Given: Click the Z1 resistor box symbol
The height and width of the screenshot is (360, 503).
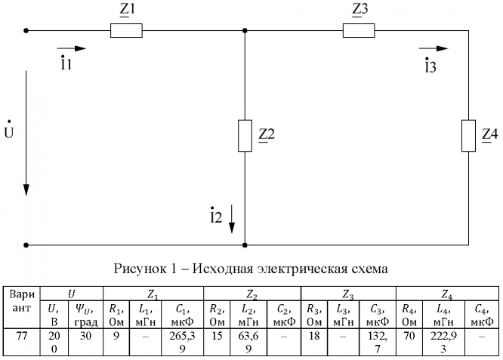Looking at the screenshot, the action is pyautogui.click(x=126, y=31).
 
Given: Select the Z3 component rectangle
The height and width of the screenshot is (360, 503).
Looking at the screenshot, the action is pyautogui.click(x=359, y=31).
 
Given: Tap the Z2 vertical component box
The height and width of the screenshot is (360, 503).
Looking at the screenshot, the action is pyautogui.click(x=245, y=135).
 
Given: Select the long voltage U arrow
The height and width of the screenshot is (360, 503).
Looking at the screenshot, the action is pyautogui.click(x=26, y=132).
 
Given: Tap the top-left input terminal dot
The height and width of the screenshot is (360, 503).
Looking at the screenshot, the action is pyautogui.click(x=26, y=31).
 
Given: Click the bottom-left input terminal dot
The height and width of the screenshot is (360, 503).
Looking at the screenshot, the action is pyautogui.click(x=26, y=245).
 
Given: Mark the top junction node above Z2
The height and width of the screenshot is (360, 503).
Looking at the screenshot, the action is pyautogui.click(x=245, y=31).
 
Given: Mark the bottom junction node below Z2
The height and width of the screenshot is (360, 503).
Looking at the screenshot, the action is pyautogui.click(x=245, y=245).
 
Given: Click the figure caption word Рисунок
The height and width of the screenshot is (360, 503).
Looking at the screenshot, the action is pyautogui.click(x=137, y=268).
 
